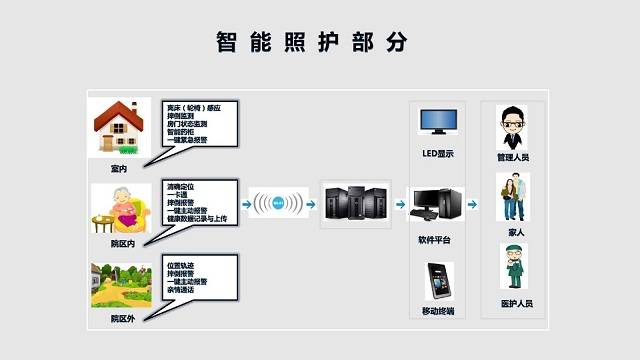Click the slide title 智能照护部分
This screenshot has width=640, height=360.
click(x=313, y=41)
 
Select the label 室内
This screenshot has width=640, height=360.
click(x=119, y=167)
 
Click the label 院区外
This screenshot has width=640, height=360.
click(x=123, y=319)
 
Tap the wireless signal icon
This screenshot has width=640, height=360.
click(x=274, y=204)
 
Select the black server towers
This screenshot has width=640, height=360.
click(x=355, y=204)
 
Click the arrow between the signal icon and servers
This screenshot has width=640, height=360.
click(x=311, y=205)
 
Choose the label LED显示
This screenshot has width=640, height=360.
click(x=438, y=155)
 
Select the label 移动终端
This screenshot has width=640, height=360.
click(x=437, y=312)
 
